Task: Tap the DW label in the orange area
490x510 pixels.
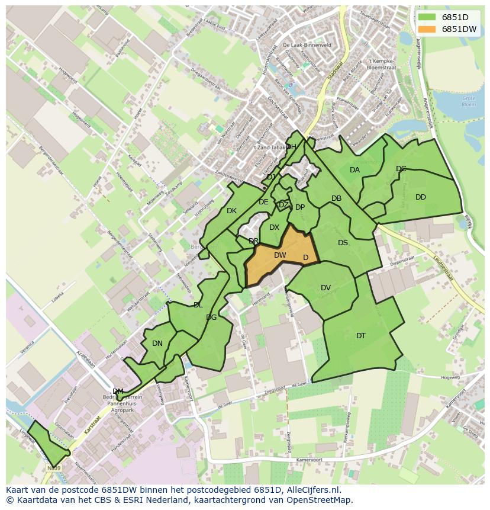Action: click(280, 255)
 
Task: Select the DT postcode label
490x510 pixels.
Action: click(361, 336)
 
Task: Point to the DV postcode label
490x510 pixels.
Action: click(325, 288)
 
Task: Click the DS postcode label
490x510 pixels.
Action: click(343, 242)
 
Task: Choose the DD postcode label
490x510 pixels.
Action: click(421, 197)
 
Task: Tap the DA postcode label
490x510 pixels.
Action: click(354, 170)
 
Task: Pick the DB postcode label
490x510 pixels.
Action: click(336, 198)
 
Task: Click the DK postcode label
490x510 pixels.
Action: click(231, 211)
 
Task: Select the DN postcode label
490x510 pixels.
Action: click(157, 343)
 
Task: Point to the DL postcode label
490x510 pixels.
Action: click(198, 305)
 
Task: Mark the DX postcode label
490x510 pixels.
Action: click(274, 227)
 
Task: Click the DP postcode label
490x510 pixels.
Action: click(300, 207)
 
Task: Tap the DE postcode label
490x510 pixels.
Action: click(263, 202)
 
